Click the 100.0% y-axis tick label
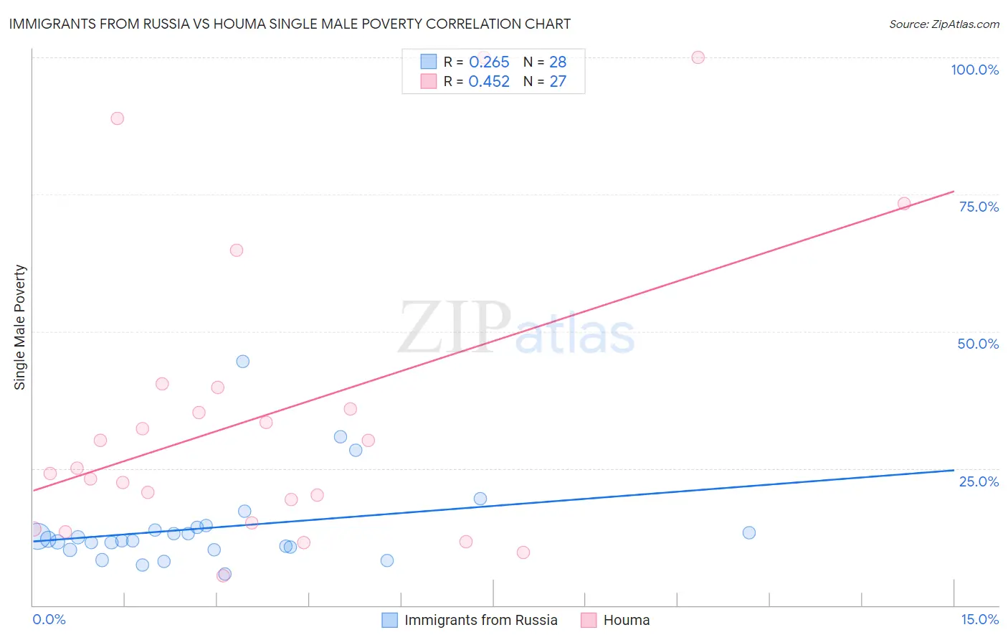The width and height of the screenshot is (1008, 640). click(974, 70)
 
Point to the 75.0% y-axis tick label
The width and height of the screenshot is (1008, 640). click(979, 207)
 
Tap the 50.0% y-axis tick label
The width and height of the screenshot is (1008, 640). click(978, 344)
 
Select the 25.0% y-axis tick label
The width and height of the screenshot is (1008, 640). click(979, 481)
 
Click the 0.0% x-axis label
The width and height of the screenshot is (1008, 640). click(49, 619)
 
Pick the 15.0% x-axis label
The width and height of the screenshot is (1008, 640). click(979, 619)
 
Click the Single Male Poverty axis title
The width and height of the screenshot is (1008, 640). click(20, 327)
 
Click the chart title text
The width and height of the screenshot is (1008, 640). click(290, 24)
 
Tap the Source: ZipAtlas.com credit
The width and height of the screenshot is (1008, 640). click(943, 24)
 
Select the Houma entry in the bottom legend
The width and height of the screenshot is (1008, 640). click(626, 620)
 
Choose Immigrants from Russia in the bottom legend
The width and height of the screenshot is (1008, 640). click(480, 620)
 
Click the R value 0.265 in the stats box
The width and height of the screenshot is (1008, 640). click(489, 62)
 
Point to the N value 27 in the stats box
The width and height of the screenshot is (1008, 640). click(558, 82)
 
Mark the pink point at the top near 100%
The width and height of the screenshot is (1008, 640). click(698, 57)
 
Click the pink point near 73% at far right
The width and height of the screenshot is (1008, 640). click(904, 204)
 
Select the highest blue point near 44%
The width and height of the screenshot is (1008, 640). click(243, 362)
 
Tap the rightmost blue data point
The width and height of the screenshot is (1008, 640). click(749, 532)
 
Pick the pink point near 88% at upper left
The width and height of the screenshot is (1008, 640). click(118, 118)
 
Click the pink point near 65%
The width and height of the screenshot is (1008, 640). click(237, 250)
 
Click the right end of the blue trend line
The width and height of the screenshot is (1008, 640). click(954, 470)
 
